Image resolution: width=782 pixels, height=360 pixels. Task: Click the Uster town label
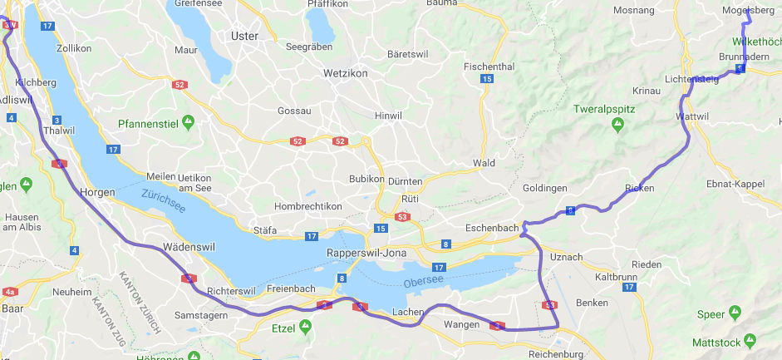coord(245,36)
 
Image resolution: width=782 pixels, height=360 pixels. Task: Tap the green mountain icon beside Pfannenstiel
coord(189,123)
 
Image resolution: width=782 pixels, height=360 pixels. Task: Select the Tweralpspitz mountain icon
coord(617,124)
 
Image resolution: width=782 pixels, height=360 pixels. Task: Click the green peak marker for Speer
coord(735,313)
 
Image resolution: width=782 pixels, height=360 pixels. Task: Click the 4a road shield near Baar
coord(10,292)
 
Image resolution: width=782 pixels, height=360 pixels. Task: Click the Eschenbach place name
coord(493,227)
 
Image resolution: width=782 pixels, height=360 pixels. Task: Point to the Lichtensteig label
coord(691,79)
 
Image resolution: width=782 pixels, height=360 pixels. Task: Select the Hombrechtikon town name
coord(308,206)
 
